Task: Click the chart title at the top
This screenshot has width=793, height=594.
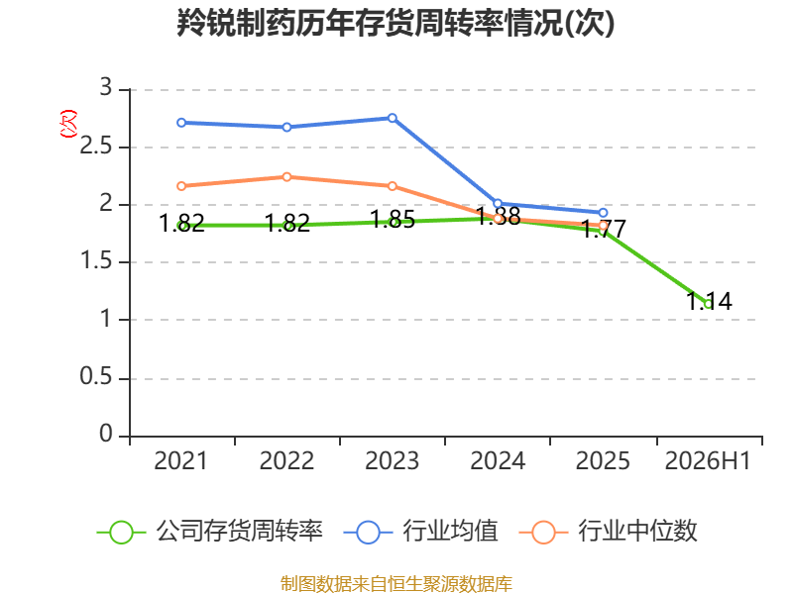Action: [396, 23]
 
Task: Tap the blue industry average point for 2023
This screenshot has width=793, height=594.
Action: [392, 118]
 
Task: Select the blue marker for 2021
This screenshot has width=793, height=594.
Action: [181, 123]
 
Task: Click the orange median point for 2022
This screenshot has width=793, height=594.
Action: [286, 177]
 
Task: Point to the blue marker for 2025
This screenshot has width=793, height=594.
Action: [603, 213]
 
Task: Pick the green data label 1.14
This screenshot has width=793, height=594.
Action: [709, 302]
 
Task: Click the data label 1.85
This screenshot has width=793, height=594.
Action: [393, 219]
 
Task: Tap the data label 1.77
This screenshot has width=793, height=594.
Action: [604, 229]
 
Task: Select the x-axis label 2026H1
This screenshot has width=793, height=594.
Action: [708, 461]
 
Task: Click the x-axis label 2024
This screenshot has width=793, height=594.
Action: [498, 461]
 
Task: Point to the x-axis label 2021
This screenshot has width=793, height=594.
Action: [181, 461]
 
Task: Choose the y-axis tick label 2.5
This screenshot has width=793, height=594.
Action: [95, 147]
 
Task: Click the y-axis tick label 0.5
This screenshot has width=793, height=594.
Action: [95, 377]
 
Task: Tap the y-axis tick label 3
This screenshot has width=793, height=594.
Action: [106, 88]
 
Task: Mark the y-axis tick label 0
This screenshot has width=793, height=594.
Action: [106, 434]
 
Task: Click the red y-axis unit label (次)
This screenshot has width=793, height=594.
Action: [68, 123]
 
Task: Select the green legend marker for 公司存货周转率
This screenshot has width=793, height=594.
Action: [121, 533]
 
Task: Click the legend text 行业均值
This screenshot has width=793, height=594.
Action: [450, 532]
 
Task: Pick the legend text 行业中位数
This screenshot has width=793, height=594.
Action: [637, 532]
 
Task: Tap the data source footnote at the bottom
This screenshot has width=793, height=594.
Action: [396, 584]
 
